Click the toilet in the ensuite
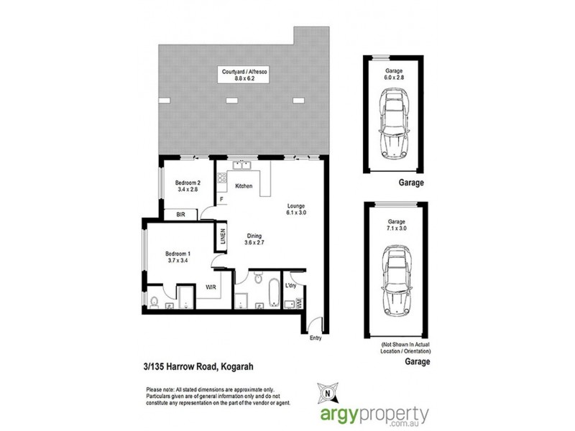pyautogui.click(x=155, y=301)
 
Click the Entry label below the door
pyautogui.click(x=315, y=338)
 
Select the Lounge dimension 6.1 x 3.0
pyautogui.click(x=294, y=213)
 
